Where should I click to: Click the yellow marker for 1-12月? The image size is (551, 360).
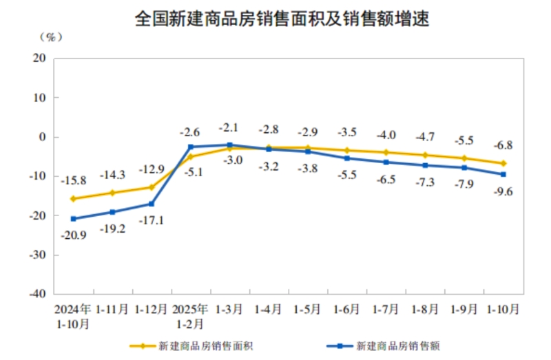coord(151,187)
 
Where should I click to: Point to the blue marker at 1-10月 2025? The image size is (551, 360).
coord(503,174)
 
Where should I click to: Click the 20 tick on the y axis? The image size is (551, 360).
coord(40,59)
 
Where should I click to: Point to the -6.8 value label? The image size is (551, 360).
coord(503,145)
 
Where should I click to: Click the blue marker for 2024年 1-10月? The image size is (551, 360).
coord(73,219)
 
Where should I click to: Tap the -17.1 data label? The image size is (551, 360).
coord(152,220)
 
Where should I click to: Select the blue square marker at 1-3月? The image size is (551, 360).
coord(229,145)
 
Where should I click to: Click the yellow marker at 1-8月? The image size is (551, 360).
coord(425,155)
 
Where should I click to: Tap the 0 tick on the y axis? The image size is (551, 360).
coord(43,137)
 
